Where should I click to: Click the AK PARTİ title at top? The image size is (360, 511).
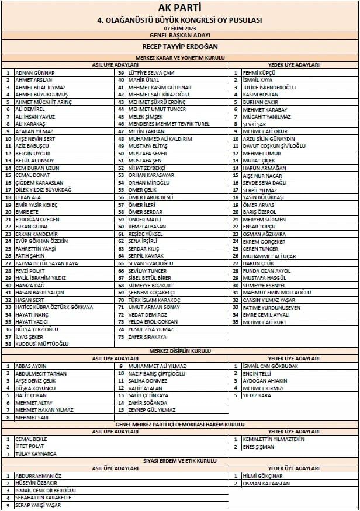point(179,8)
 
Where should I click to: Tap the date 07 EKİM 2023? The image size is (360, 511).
point(179,28)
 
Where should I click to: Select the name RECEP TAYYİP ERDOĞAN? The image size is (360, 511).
point(179,46)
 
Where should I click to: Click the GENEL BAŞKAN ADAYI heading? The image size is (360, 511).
point(179,35)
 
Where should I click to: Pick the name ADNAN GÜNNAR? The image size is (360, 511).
point(34,72)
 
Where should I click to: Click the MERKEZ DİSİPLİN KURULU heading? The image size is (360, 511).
point(179,351)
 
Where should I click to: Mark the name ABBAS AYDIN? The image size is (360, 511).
point(31,366)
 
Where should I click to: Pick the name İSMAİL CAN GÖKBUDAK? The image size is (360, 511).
point(270,366)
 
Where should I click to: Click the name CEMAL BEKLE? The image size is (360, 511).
point(31,439)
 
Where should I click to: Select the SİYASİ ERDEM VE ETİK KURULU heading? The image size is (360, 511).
point(179,461)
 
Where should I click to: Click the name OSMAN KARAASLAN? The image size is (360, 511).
point(266,483)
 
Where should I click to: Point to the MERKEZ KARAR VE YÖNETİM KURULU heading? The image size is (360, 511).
point(179,57)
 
